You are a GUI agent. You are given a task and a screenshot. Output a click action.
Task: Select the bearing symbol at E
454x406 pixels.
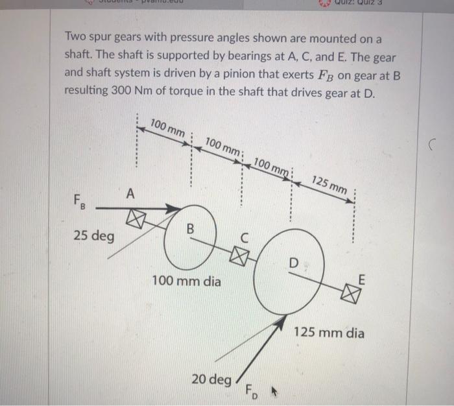click(352, 296)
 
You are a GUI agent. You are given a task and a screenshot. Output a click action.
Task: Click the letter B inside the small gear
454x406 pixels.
click(190, 229)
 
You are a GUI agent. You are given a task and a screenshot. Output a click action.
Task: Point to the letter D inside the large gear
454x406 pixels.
click(294, 264)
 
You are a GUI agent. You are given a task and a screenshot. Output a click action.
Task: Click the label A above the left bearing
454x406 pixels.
click(132, 193)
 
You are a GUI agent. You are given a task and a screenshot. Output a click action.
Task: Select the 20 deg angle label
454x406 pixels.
click(211, 378)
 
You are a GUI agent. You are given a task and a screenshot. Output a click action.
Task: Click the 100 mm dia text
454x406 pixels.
click(186, 281)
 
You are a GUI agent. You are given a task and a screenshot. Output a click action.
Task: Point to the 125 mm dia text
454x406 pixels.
click(329, 333)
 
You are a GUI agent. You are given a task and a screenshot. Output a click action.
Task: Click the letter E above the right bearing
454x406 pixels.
click(362, 279)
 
